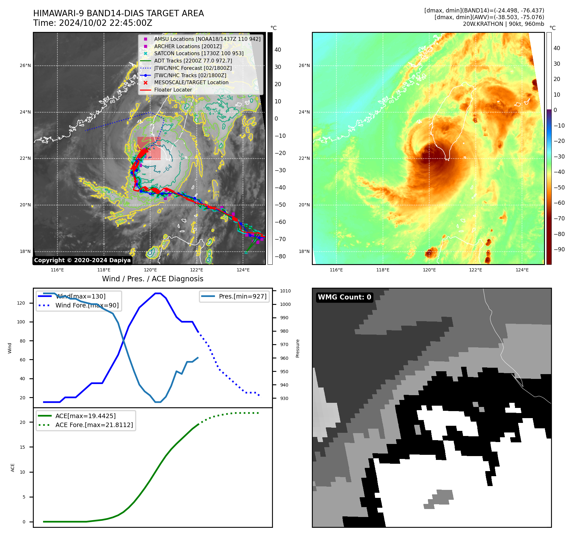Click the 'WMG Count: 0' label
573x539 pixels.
coord(344,297)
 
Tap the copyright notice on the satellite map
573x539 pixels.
coord(82,260)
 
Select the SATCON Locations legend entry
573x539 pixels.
coord(199,54)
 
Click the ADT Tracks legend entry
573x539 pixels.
coord(193,61)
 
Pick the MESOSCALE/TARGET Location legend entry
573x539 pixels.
coord(191,83)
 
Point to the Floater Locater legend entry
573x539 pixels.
coord(173,90)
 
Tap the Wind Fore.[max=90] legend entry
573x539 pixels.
coord(87,305)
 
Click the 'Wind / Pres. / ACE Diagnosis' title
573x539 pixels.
coord(152,279)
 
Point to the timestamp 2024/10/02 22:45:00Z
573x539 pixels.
coord(106,23)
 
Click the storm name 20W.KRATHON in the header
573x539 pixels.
coord(483,24)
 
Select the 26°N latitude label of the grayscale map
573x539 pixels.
coord(25,66)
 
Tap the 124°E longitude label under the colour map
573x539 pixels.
coord(522,270)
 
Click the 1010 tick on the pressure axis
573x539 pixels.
coord(285,291)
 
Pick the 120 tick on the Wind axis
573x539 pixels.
coord(21,303)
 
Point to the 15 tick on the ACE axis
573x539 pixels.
coord(22,447)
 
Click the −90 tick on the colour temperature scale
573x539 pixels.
coord(559,249)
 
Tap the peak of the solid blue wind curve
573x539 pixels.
coord(158,293)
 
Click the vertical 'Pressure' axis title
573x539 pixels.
coord(298,348)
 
